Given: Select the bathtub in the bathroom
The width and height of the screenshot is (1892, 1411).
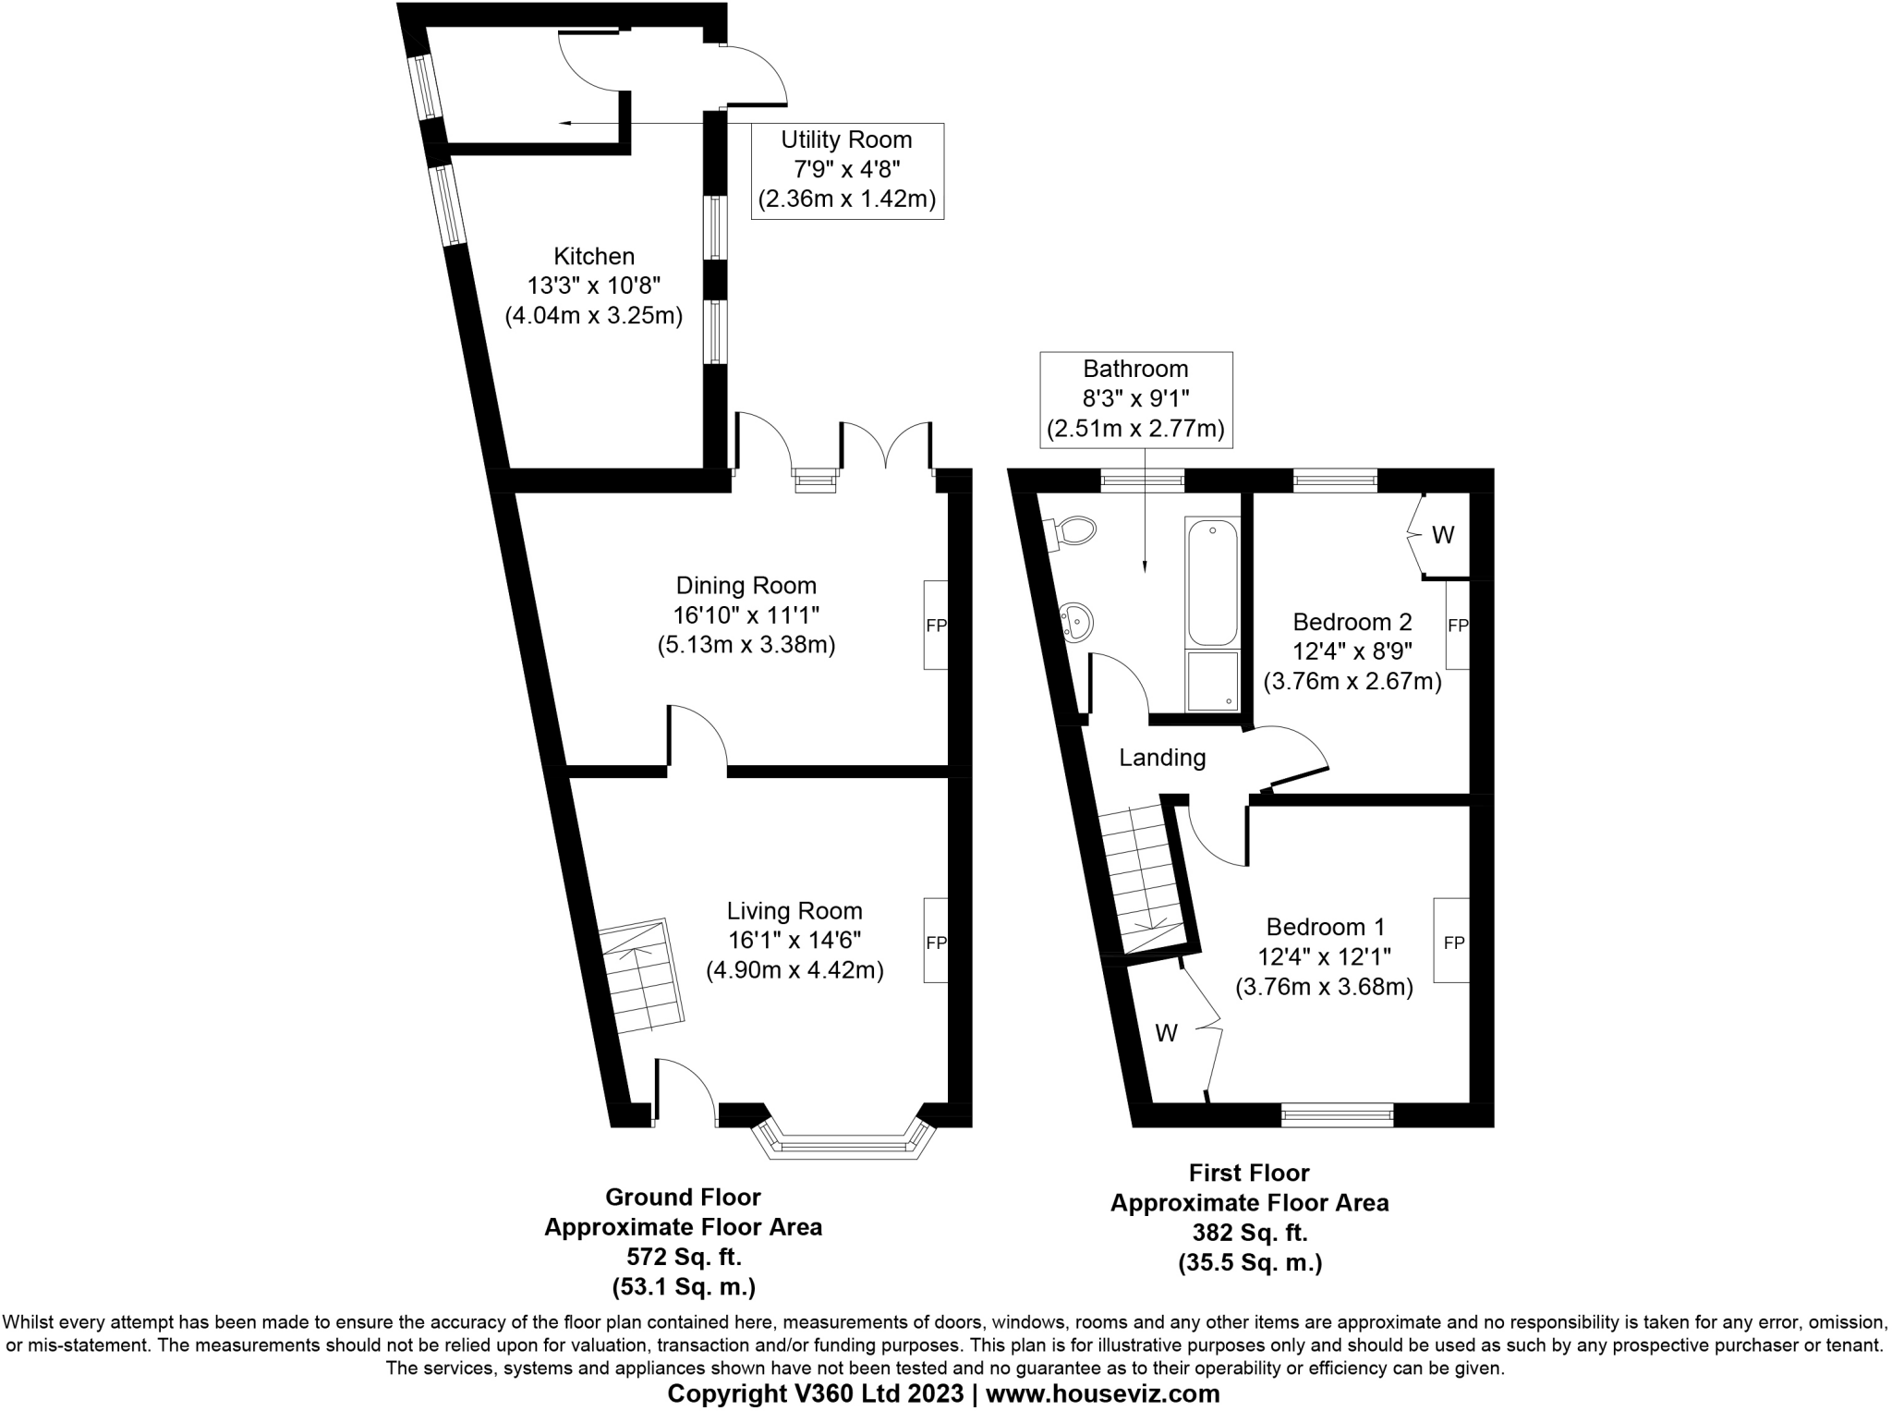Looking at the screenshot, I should [x=1212, y=582].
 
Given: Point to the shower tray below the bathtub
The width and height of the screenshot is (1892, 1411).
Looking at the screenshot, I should [x=1212, y=682].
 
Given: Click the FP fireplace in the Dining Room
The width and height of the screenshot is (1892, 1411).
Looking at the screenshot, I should [x=936, y=625].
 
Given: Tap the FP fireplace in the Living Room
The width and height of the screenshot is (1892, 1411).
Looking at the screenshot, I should [x=936, y=942].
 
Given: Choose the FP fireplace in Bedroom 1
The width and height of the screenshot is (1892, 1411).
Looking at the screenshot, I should [x=1453, y=942].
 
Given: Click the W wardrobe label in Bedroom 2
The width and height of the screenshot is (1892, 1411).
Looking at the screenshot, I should [x=1443, y=534].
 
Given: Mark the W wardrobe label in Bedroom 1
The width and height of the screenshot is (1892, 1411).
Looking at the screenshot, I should [x=1167, y=1033].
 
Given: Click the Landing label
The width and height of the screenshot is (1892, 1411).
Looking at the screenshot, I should [x=1162, y=758].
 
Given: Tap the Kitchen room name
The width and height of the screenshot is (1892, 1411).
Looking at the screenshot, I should [x=594, y=256].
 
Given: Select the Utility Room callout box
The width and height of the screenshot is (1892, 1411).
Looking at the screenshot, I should [x=847, y=170].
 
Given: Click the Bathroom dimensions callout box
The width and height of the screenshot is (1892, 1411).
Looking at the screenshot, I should [x=1135, y=399].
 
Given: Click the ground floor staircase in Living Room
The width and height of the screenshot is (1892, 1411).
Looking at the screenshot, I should [x=639, y=978].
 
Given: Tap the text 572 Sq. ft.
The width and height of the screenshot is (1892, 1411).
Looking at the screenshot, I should [x=684, y=1257].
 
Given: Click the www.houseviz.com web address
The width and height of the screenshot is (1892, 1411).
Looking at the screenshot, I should [x=1103, y=1393].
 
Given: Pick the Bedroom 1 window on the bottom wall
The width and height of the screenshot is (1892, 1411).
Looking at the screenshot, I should [x=1337, y=1115].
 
